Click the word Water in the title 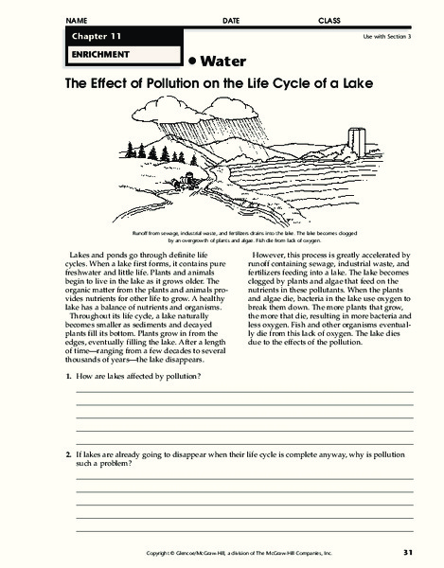[226, 60]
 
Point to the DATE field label [231, 20]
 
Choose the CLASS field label [331, 20]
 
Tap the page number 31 [407, 552]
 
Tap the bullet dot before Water [192, 59]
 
